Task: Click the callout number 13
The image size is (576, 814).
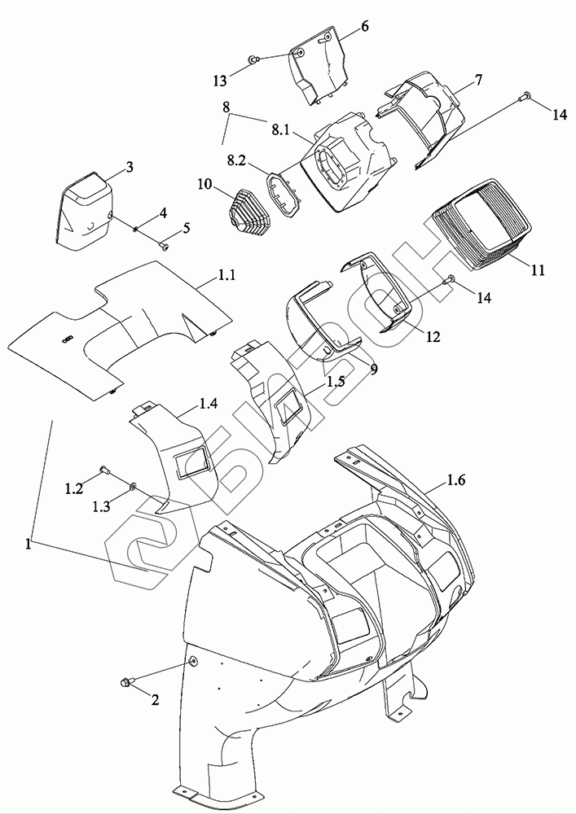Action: click(220, 80)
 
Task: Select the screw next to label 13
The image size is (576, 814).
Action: click(254, 59)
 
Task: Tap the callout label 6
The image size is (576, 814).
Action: click(364, 26)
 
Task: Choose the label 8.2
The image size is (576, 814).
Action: click(237, 162)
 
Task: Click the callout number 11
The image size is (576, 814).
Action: click(538, 269)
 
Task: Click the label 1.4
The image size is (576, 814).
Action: click(208, 402)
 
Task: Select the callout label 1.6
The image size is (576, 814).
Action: click(456, 483)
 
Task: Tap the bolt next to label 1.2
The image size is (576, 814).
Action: click(105, 470)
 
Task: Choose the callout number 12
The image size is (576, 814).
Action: click(432, 336)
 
